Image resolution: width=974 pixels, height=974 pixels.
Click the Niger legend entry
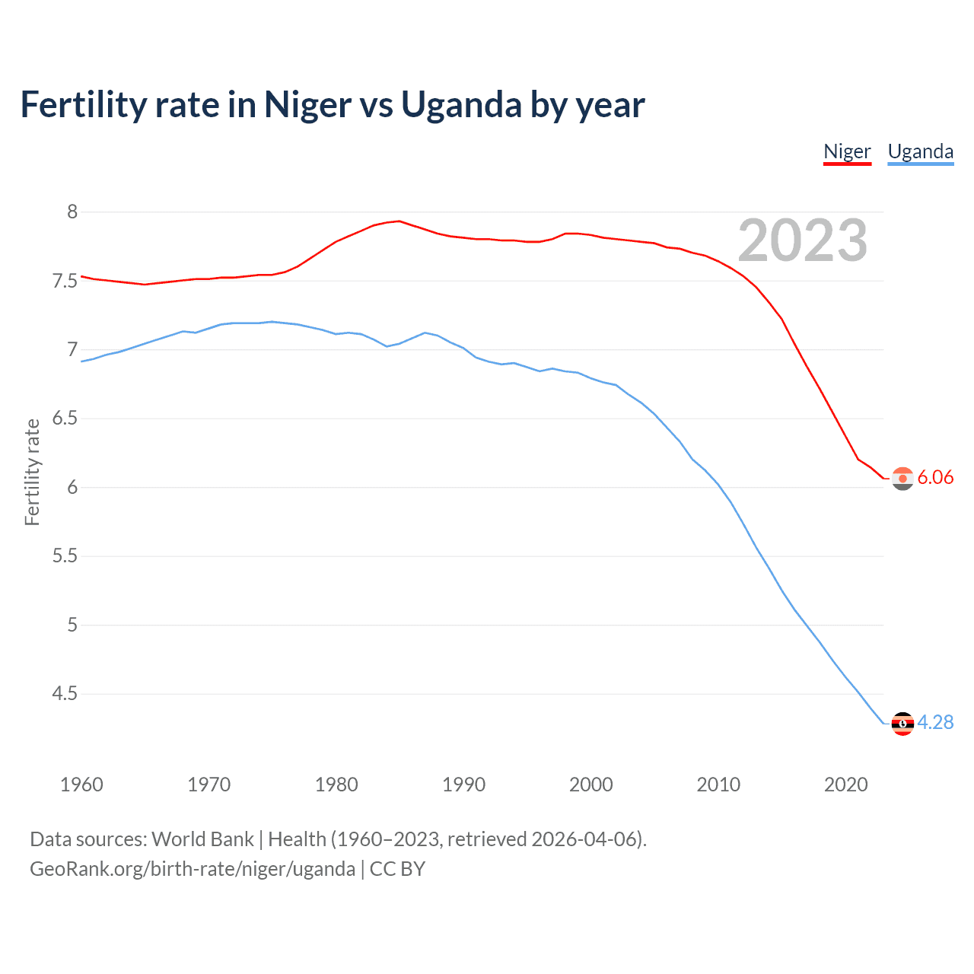coord(847,151)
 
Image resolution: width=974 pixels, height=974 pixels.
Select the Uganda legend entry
coord(920,151)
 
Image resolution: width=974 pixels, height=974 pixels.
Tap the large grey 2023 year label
coord(802,240)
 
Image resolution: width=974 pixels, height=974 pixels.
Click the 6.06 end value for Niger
coord(935,477)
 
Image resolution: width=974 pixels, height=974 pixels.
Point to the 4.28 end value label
coord(935,722)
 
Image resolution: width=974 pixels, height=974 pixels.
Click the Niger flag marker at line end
coord(902,479)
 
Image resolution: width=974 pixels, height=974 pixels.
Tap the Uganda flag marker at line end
coord(902,724)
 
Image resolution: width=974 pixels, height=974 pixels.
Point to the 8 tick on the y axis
coord(72,212)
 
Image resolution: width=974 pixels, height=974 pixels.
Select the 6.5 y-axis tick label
coord(65,419)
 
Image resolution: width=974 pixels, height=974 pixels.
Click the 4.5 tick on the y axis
coord(65,694)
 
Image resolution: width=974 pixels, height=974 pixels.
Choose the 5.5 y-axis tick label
coord(65,556)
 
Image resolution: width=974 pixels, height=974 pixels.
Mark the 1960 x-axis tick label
coord(81,785)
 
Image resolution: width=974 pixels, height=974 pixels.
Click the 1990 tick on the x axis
coord(463,785)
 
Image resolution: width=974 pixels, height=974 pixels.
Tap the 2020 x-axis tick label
coord(845,785)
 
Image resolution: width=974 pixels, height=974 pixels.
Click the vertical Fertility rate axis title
coord(32,472)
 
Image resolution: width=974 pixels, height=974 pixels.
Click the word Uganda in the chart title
coord(461,105)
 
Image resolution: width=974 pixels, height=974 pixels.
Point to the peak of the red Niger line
coord(399,221)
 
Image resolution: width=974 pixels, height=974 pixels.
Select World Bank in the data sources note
coord(202,839)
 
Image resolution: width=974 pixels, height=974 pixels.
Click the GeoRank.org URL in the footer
coord(192,869)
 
